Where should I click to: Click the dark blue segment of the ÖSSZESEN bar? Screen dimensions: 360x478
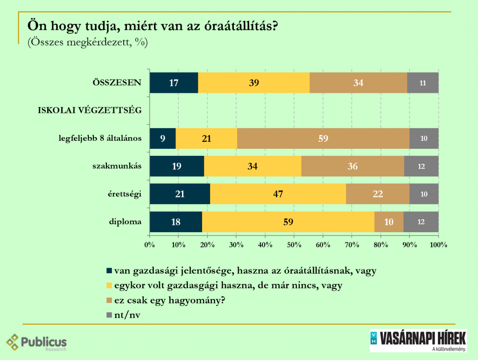[174, 83]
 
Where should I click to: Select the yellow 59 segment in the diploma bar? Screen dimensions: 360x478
[288, 222]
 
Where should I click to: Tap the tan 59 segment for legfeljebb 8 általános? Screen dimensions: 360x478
[323, 138]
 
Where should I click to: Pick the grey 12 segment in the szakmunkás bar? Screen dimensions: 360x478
[421, 166]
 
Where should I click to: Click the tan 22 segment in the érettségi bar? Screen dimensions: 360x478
[378, 194]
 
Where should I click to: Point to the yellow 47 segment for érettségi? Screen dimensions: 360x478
[278, 194]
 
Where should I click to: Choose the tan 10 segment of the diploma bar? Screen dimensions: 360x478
[389, 222]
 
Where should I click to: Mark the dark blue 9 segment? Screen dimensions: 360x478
[162, 138]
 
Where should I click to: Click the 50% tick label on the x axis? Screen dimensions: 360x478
[294, 244]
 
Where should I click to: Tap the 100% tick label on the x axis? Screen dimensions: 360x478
[438, 244]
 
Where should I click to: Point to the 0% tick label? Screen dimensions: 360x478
[149, 244]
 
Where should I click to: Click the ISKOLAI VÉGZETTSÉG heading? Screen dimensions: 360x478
[89, 111]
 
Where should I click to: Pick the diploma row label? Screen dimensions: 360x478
[127, 222]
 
